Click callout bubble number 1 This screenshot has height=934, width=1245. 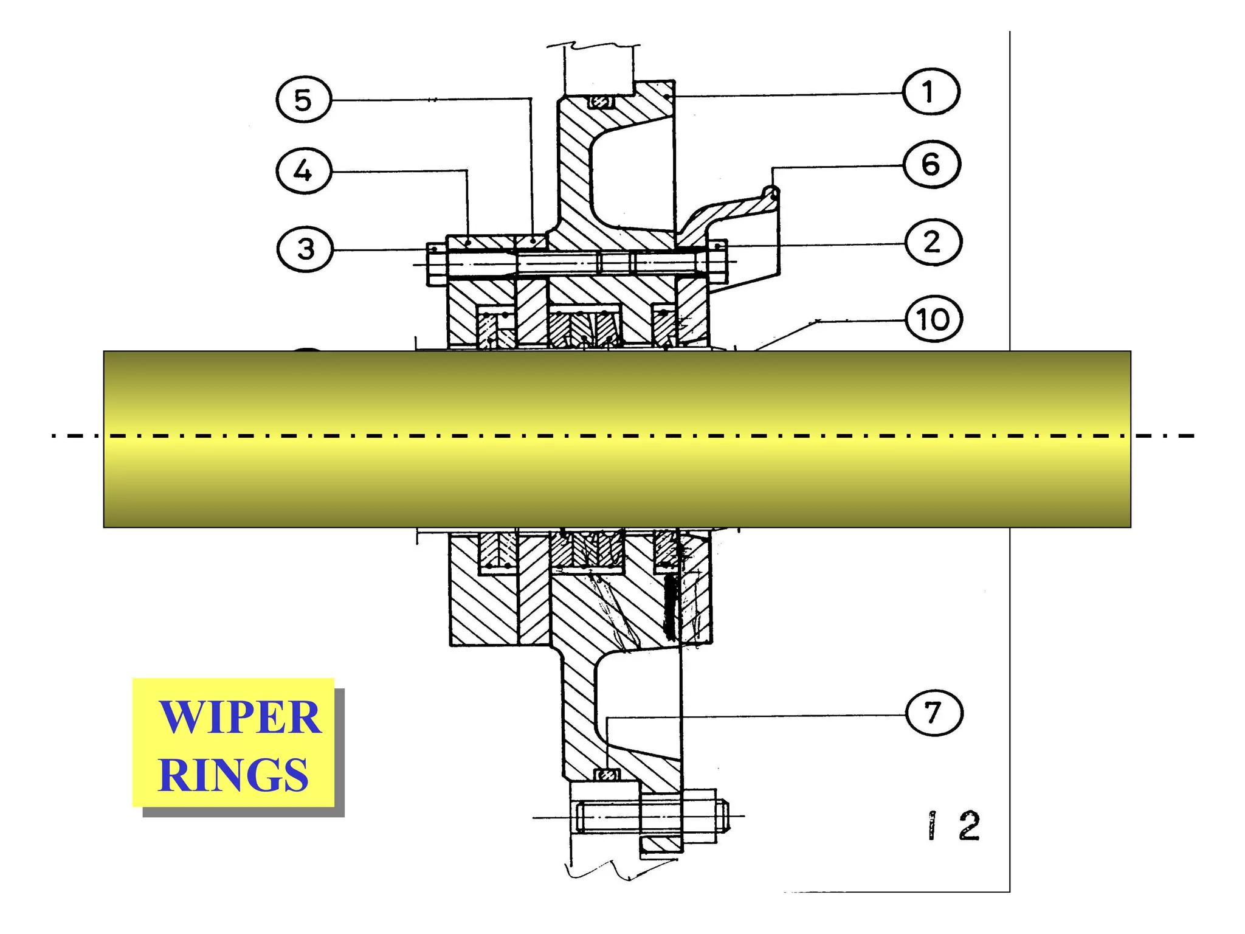931,92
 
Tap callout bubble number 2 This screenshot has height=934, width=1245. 933,242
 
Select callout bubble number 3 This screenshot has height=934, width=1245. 305,249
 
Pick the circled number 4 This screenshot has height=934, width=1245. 304,171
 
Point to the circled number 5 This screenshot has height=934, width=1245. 303,100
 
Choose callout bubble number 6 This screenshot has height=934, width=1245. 932,164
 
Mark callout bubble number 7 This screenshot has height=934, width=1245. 934,712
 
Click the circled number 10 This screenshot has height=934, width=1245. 934,319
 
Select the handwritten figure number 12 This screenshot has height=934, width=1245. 954,826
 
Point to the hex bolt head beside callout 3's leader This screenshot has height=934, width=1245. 437,265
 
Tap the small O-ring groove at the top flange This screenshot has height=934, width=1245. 601,103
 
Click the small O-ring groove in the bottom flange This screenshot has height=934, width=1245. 607,775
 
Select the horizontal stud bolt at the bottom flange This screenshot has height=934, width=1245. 650,817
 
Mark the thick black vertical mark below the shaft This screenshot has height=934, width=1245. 671,608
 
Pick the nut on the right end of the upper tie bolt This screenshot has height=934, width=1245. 719,261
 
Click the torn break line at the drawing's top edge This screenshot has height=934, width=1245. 593,45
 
